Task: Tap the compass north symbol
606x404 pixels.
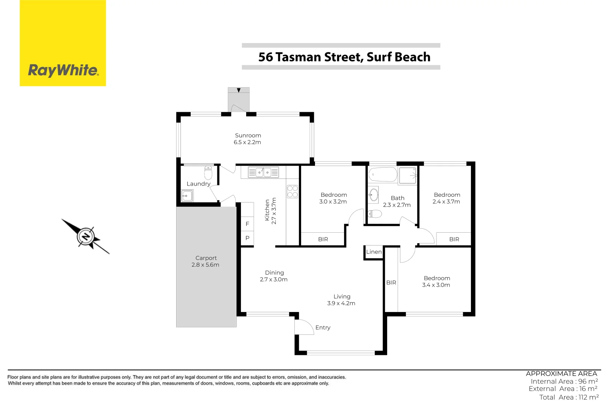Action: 86,236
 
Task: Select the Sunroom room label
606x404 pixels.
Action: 248,139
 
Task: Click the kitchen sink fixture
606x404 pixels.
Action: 263,172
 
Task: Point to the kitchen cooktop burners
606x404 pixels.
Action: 293,192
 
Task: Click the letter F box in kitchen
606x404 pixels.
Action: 247,224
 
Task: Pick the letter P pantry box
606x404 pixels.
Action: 247,238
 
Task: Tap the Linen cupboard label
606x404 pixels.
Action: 374,252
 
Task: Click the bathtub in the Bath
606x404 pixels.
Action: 383,175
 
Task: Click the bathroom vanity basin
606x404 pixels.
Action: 373,195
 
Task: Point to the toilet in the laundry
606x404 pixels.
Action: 208,173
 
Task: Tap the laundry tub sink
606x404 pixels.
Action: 187,195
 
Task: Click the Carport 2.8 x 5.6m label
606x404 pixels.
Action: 206,261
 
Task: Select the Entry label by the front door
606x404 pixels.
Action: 323,328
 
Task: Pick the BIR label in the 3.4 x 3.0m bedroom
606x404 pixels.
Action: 391,283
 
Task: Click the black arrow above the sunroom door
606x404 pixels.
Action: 239,90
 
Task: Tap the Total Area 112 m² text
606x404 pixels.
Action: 569,397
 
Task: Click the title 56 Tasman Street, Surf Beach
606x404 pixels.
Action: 344,57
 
